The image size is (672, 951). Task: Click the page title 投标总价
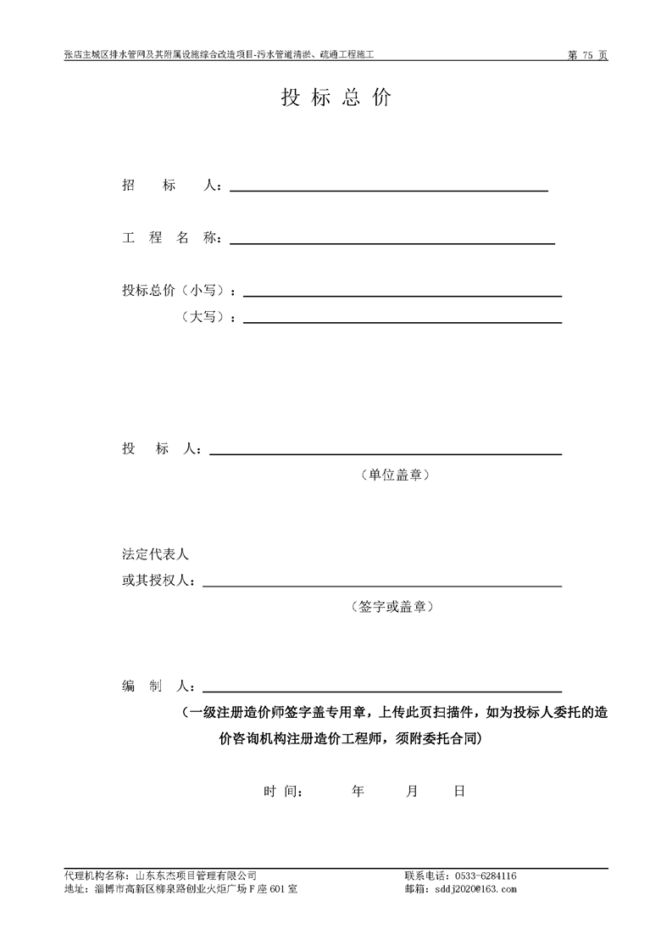pyautogui.click(x=336, y=97)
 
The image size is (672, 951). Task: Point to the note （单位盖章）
pyautogui.click(x=395, y=475)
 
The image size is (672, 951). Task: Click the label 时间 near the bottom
pyautogui.click(x=283, y=792)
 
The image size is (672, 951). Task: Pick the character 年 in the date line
pyautogui.click(x=358, y=792)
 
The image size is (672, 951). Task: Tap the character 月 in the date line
pyautogui.click(x=413, y=792)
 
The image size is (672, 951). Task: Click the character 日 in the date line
pyautogui.click(x=459, y=792)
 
